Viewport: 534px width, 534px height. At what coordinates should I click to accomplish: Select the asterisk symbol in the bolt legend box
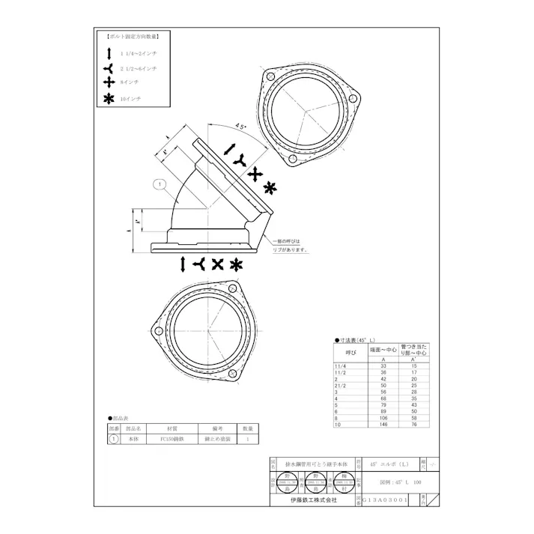tap(109, 99)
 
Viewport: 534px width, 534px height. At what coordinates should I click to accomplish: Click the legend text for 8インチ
tap(130, 82)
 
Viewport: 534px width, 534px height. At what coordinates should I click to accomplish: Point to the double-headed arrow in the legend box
tap(109, 52)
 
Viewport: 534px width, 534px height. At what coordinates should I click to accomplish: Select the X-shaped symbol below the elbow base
tap(217, 264)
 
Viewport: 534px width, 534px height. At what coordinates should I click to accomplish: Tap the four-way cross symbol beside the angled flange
tap(256, 173)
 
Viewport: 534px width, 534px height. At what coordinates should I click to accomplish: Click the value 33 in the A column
tap(383, 366)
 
